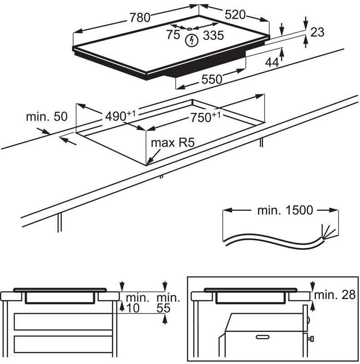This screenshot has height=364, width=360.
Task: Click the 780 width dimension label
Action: coord(140,18)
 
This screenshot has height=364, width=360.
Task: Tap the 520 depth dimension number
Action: coord(235,15)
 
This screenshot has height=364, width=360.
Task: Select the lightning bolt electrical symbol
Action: coord(192,40)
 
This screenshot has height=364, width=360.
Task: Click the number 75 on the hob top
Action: coord(173,35)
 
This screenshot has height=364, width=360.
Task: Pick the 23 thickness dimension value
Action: coord(318,32)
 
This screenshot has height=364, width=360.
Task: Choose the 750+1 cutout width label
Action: coord(205,117)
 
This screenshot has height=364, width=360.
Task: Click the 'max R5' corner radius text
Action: coord(173,143)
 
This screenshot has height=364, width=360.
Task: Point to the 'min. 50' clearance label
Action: coord(46,116)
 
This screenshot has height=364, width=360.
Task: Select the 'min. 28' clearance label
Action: coord(337,295)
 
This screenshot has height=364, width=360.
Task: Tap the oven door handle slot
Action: coord(263,337)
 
